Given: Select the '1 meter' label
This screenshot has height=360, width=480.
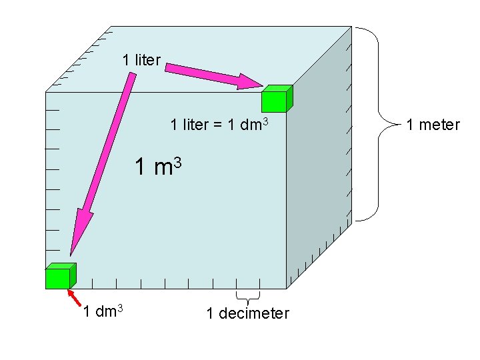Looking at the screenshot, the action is [433, 124].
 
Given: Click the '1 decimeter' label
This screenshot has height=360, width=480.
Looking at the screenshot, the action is [248, 313].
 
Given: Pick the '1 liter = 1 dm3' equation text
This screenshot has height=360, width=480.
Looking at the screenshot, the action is [219, 124].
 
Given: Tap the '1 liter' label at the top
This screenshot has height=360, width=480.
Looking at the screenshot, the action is [141, 60].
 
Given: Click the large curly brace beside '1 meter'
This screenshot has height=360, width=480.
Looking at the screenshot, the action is [377, 124].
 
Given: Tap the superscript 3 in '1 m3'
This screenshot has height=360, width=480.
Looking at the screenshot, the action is [178, 161].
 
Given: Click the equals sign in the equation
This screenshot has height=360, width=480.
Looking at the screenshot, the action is [219, 125].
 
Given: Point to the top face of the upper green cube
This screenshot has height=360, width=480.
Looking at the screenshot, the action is [277, 89].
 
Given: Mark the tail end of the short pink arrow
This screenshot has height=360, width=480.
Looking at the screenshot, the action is [168, 67].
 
